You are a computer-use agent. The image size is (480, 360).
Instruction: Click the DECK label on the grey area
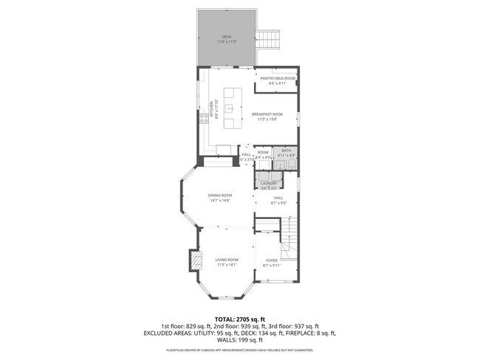(226, 37)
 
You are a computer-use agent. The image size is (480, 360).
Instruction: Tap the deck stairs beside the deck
(270, 39)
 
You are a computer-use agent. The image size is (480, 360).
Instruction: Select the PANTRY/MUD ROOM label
(278, 78)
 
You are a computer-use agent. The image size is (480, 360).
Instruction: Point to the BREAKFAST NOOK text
(267, 114)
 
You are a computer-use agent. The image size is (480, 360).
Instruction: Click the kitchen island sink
(230, 108)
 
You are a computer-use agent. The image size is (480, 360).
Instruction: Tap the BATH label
(286, 151)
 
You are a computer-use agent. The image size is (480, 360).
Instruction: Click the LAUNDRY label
(268, 184)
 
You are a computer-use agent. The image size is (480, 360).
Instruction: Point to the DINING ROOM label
(220, 195)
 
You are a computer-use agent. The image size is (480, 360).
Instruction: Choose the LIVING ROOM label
(227, 260)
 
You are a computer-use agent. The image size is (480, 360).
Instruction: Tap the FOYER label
(271, 260)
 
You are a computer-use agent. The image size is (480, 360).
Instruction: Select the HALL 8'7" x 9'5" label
(278, 198)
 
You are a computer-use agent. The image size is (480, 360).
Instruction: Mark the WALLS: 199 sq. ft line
(240, 340)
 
